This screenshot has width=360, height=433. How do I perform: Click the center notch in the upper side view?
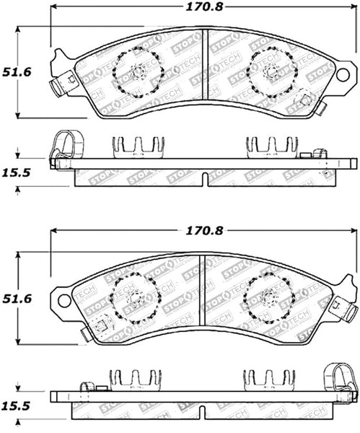tap(205, 178)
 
